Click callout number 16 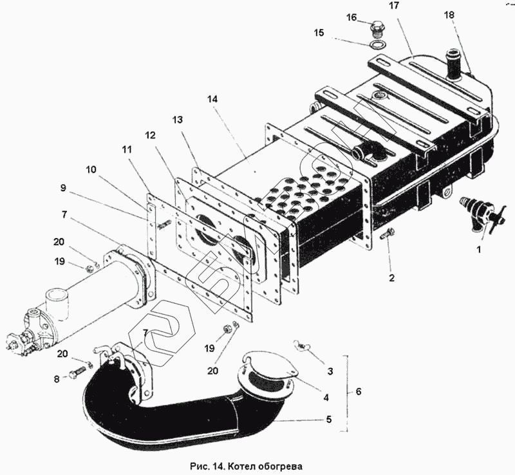click(351, 17)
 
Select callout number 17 click(393, 6)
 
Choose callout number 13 click(178, 120)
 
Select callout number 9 click(64, 189)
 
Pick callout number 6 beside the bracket click(358, 391)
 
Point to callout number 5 click(329, 420)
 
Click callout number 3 click(330, 371)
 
